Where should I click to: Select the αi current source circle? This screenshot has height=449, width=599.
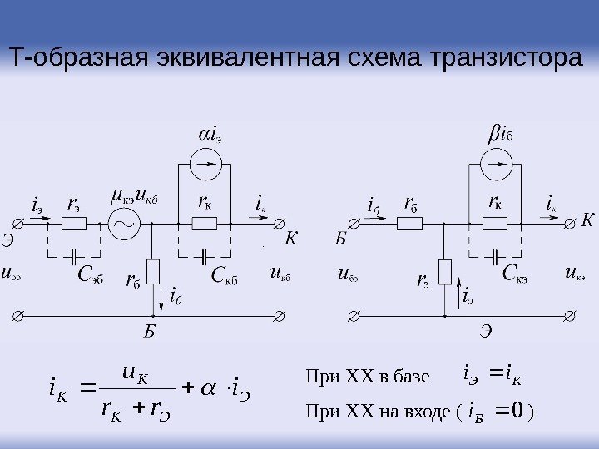[x=204, y=165]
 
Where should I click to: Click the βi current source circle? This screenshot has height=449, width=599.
[x=497, y=165]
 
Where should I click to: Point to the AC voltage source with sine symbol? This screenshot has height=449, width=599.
[x=126, y=223]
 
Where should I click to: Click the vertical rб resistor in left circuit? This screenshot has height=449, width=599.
[x=153, y=272]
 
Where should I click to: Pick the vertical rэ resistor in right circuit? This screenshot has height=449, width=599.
[x=445, y=272]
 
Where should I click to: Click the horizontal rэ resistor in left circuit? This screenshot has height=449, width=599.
[x=74, y=223]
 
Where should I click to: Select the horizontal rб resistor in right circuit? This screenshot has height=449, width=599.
[x=408, y=223]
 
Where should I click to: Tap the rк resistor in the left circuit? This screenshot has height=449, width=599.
[x=203, y=223]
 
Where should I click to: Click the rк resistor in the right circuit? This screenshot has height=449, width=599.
[x=496, y=223]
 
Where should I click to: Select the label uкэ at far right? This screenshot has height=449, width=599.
[x=575, y=271]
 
